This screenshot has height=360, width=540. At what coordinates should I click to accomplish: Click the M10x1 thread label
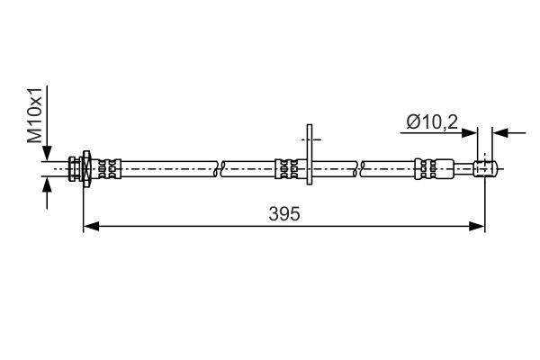pos(33,115)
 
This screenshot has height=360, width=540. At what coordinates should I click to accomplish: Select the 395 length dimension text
pos(283,214)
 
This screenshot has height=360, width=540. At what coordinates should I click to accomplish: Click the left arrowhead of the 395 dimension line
pos(89,227)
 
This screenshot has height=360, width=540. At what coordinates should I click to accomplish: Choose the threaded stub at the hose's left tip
pos(72,167)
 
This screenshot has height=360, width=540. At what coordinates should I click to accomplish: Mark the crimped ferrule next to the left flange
pos(107,167)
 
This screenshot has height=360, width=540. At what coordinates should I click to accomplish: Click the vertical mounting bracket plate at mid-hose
pos(310,156)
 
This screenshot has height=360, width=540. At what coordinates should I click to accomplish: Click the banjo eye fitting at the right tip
pos(485,167)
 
